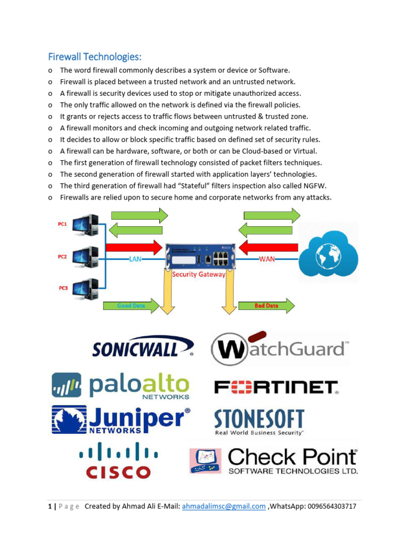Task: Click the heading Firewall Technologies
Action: (x=95, y=56)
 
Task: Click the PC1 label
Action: (x=63, y=225)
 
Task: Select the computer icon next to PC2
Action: (x=86, y=257)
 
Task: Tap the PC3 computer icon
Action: (x=86, y=289)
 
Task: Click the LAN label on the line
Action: (x=135, y=259)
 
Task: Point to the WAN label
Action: (x=267, y=259)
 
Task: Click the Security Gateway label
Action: (x=199, y=275)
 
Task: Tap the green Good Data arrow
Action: (x=131, y=306)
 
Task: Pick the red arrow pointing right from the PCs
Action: (x=134, y=247)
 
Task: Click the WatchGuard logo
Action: (x=280, y=349)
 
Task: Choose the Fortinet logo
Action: (x=276, y=387)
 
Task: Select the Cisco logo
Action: (x=118, y=461)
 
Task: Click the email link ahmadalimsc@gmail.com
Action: (x=224, y=507)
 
